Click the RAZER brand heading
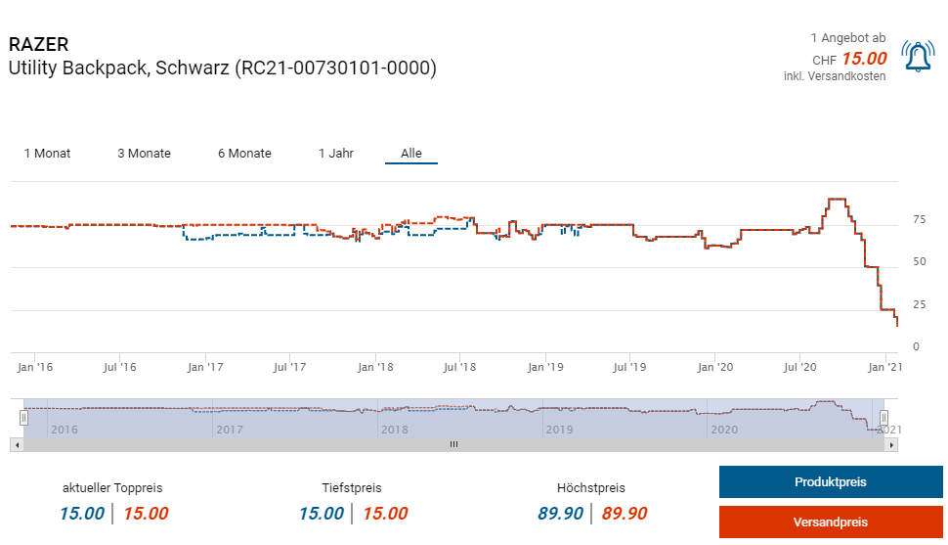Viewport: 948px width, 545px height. [38, 45]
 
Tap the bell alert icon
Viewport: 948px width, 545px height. [918, 57]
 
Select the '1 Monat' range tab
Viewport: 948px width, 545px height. [47, 154]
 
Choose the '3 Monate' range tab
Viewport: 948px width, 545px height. [144, 154]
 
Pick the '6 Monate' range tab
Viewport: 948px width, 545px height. [244, 154]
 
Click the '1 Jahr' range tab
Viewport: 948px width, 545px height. [336, 154]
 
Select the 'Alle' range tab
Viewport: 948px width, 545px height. [411, 154]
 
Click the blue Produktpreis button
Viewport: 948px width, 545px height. [830, 482]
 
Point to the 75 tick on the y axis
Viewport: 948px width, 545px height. [919, 220]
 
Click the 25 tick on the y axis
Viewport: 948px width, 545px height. [919, 304]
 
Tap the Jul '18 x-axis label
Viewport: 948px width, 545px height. [459, 368]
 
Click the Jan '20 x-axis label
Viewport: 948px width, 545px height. [715, 368]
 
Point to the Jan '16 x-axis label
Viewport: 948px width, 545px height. [35, 368]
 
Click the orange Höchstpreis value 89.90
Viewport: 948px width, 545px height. [625, 514]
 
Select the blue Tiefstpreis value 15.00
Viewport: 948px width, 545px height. [321, 514]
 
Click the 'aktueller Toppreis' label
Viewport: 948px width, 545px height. [112, 487]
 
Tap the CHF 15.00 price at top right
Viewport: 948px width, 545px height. [864, 59]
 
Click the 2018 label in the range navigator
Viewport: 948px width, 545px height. [394, 430]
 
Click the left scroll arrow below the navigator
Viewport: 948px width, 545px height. [16, 444]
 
